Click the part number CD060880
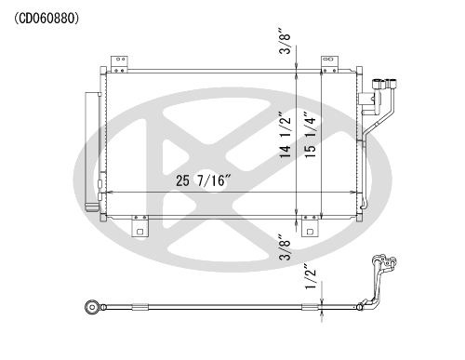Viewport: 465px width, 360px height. pos(46,19)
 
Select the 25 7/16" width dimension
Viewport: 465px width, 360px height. pos(204,180)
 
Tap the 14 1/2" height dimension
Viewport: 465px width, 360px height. pos(286,135)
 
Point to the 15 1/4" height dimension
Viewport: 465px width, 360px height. pos(310,135)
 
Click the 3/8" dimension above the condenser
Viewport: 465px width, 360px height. pos(285,41)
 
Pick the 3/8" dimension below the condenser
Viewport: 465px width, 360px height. pos(285,247)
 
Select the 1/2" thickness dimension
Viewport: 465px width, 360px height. pos(311,277)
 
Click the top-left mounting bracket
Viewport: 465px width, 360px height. pos(119,64)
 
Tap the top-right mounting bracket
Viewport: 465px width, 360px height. pos(329,64)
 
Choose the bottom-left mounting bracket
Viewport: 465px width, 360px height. pos(139,226)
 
